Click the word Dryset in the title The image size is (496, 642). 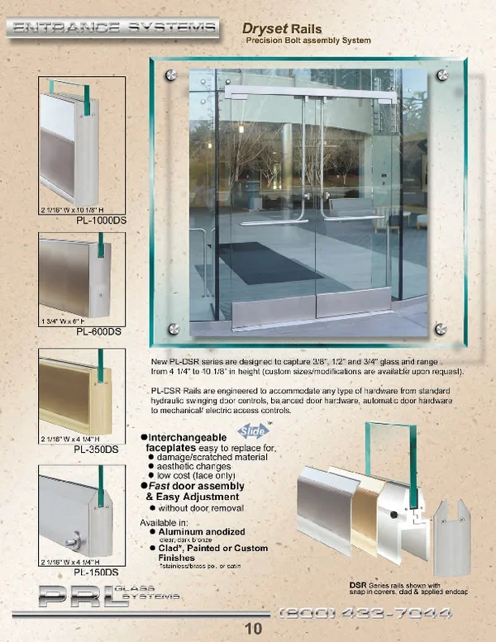coord(271,29)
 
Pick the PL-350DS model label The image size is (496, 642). coord(96,449)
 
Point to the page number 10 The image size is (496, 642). coord(253,628)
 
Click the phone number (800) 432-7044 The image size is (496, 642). coord(365,612)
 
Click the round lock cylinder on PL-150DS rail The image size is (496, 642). coord(73,542)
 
